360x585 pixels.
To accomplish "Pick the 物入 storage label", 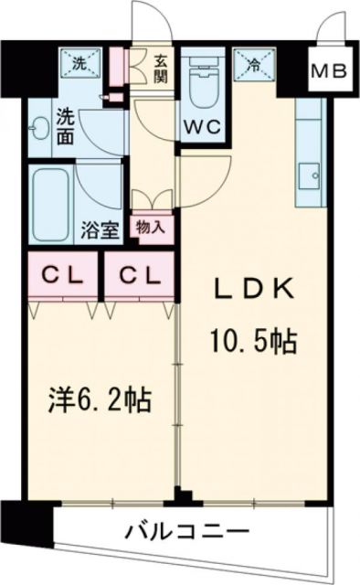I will click(152, 227).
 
